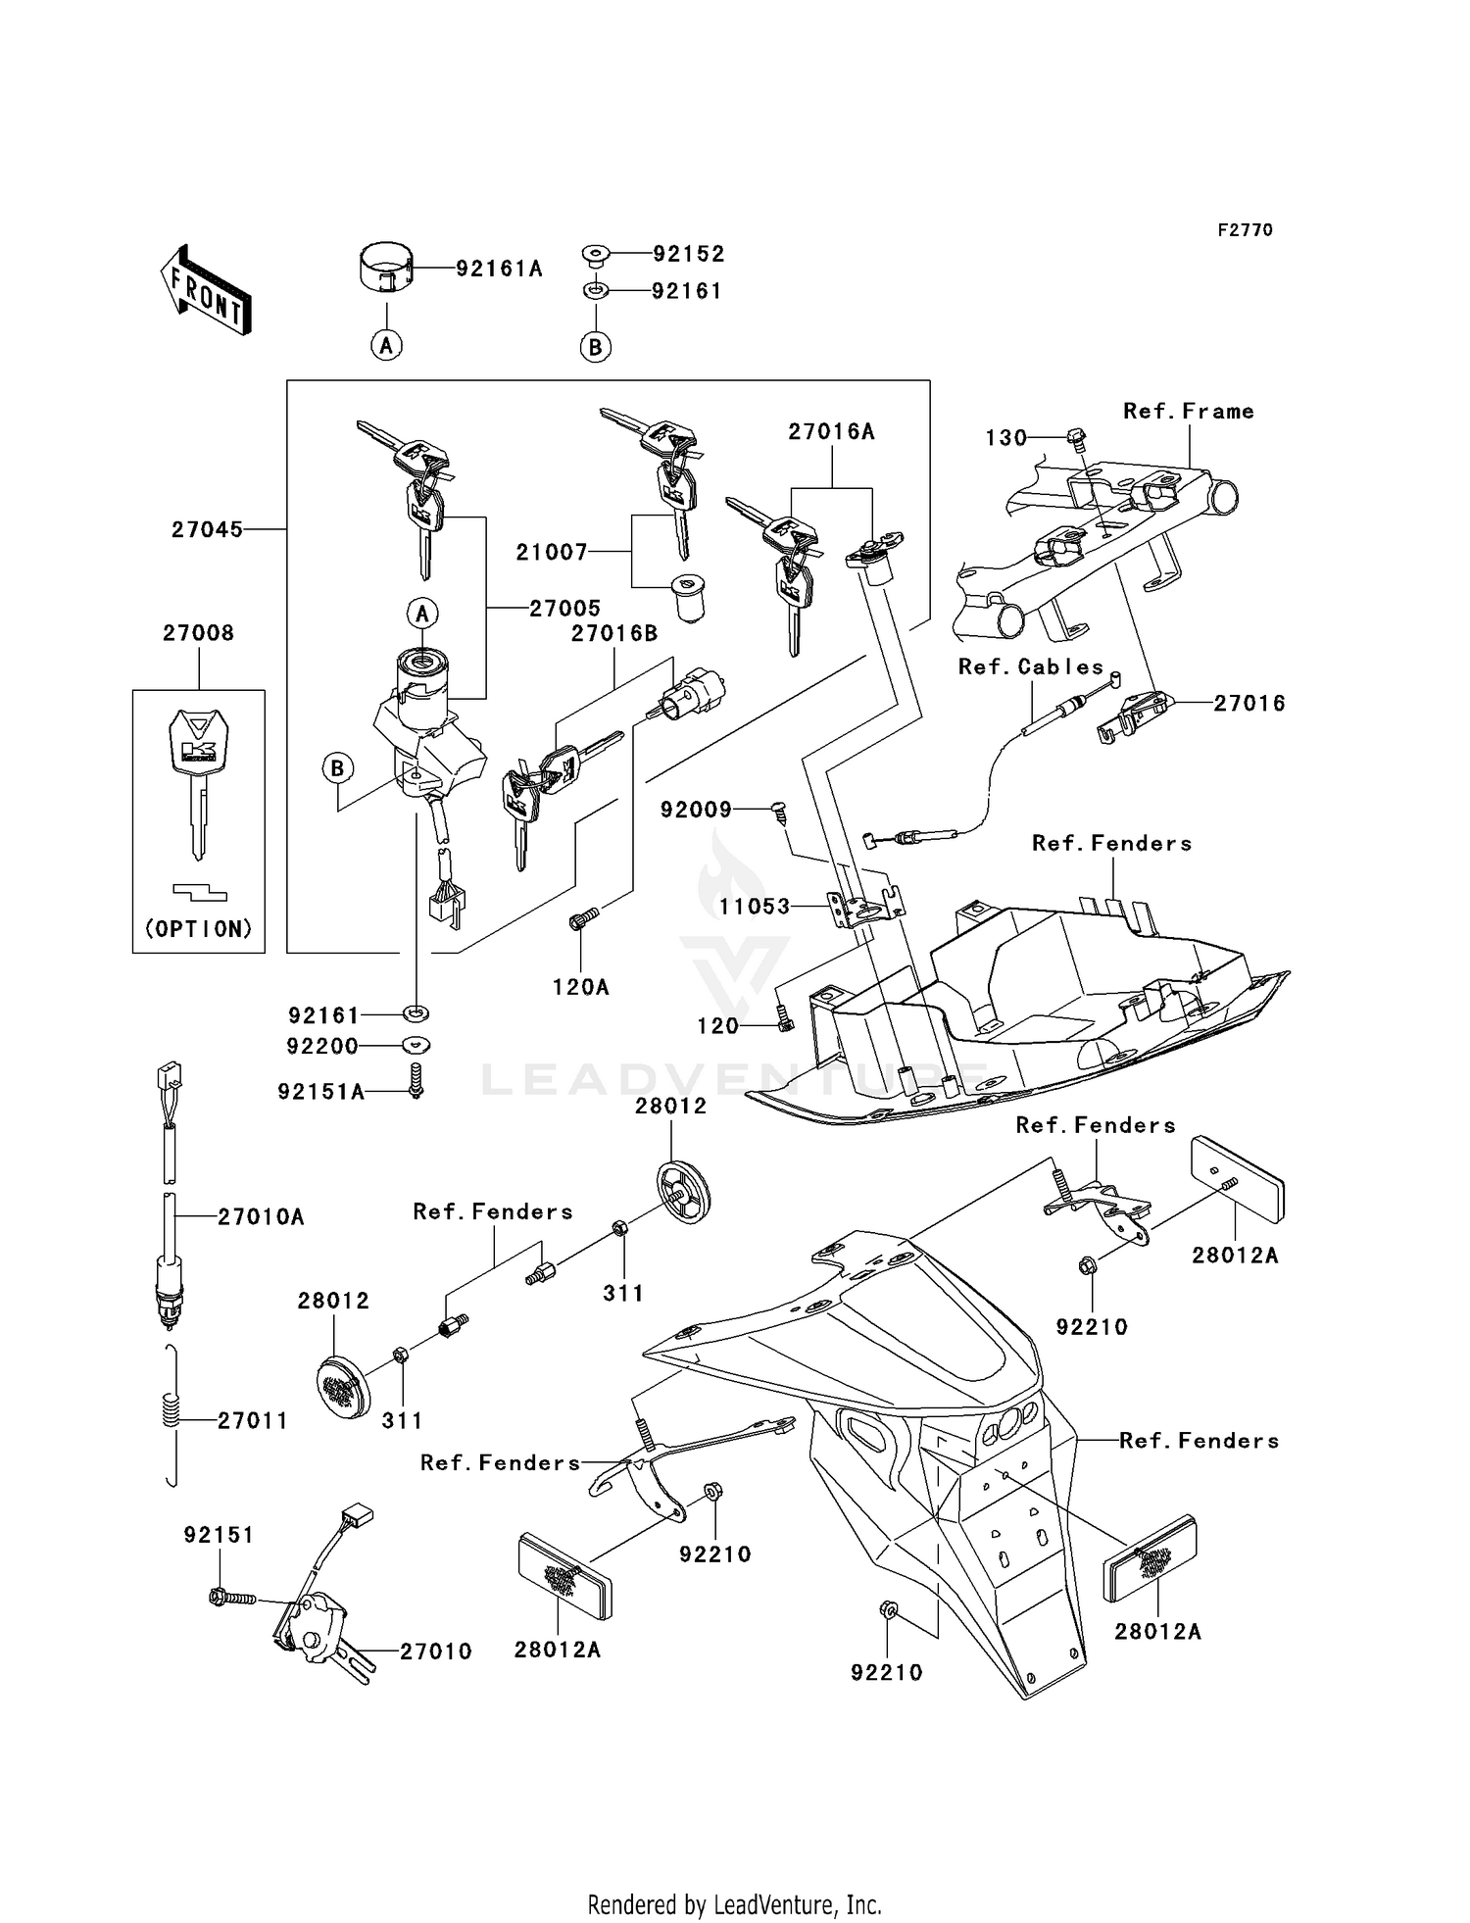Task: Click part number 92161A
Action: [x=499, y=269]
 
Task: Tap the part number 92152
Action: [x=689, y=254]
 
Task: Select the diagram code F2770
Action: [x=1245, y=229]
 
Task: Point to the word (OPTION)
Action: [x=199, y=928]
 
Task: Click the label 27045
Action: [x=207, y=529]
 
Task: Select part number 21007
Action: [x=552, y=552]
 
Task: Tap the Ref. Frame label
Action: [x=1188, y=411]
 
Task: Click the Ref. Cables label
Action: [x=1030, y=666]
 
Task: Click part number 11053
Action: [x=755, y=907]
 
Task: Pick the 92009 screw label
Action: [x=696, y=810]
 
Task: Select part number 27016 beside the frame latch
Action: [x=1249, y=703]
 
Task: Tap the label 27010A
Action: [x=261, y=1216]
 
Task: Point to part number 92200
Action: [x=322, y=1046]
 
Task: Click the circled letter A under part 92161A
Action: [x=387, y=345]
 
